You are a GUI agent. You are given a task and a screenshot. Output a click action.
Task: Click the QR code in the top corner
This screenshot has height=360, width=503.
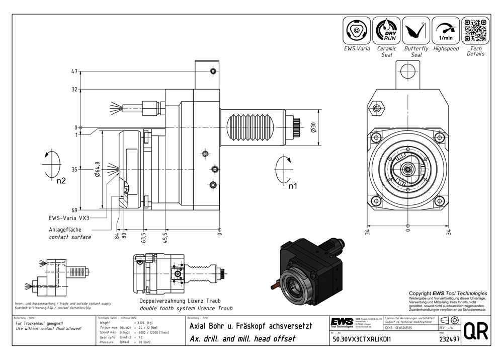tap(475, 31)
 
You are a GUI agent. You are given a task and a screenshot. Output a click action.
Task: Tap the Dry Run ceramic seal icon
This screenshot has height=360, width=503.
tap(386, 31)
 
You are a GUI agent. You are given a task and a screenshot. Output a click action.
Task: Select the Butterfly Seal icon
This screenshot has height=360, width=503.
tap(416, 31)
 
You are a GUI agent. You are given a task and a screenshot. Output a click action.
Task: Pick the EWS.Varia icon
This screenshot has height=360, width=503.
tap(357, 31)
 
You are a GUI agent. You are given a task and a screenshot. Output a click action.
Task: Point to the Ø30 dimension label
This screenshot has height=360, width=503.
tap(313, 128)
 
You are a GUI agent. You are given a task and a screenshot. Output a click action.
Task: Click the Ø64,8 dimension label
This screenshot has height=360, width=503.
tap(97, 171)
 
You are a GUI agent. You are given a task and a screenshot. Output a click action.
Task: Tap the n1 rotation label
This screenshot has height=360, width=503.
tap(293, 186)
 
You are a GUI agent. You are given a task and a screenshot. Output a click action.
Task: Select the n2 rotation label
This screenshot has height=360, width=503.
tap(61, 181)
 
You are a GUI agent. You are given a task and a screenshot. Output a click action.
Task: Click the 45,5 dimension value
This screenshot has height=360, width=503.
tap(165, 237)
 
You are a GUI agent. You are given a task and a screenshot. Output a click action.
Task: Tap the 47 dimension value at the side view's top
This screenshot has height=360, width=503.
tap(74, 72)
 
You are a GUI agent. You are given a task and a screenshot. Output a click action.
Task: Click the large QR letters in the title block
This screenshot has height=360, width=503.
tap(475, 331)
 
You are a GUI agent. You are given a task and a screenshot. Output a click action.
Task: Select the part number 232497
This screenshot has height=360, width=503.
tap(449, 340)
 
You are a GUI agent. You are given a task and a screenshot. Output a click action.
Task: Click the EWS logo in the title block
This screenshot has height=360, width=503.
tap(342, 322)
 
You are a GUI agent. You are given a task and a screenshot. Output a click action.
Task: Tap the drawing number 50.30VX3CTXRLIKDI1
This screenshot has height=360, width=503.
tap(362, 340)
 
